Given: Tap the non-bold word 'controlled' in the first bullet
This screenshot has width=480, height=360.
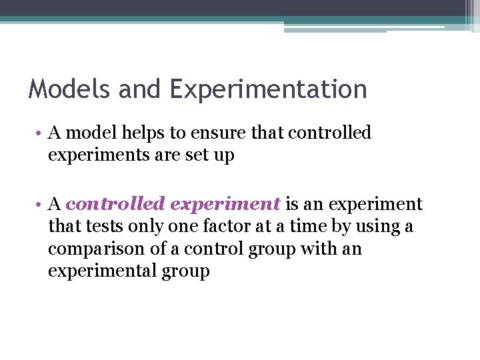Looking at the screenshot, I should [329, 133].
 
